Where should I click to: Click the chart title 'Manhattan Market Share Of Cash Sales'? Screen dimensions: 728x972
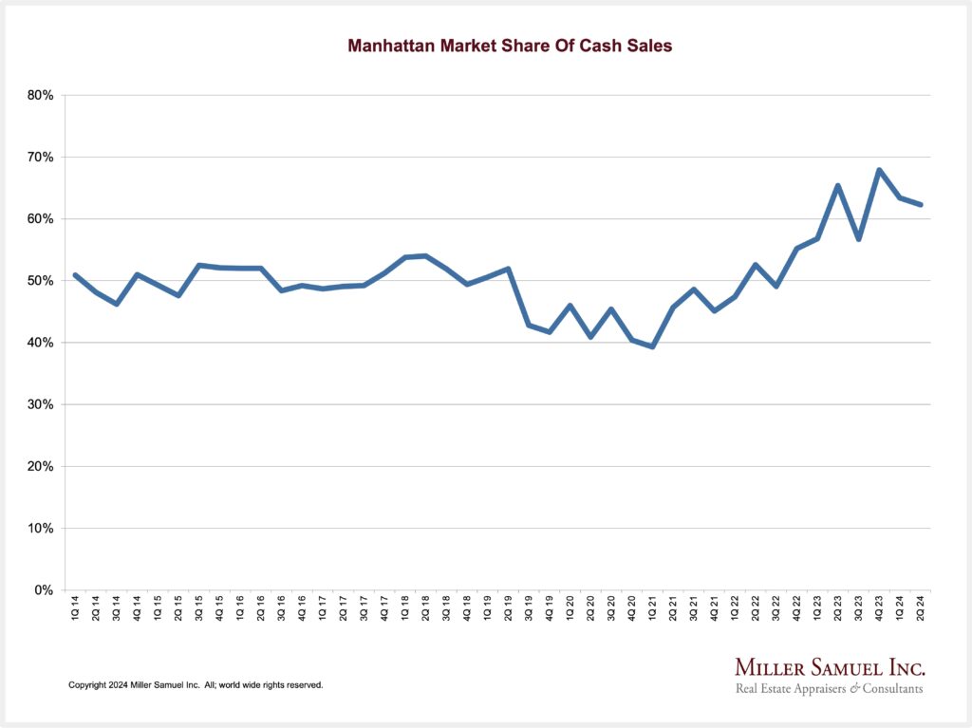[510, 46]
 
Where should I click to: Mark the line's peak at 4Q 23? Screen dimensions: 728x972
[879, 170]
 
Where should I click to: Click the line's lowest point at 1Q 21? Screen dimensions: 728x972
[652, 346]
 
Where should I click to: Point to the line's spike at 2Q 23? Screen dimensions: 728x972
[837, 185]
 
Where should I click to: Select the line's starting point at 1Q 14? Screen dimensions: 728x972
[75, 275]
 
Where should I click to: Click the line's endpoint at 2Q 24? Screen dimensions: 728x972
[920, 204]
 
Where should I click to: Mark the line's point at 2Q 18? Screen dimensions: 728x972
[425, 255]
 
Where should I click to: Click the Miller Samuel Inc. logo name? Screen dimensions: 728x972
[830, 667]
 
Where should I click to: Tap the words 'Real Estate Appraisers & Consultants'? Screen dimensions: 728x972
[830, 689]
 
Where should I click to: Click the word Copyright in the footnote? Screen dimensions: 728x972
[88, 684]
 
